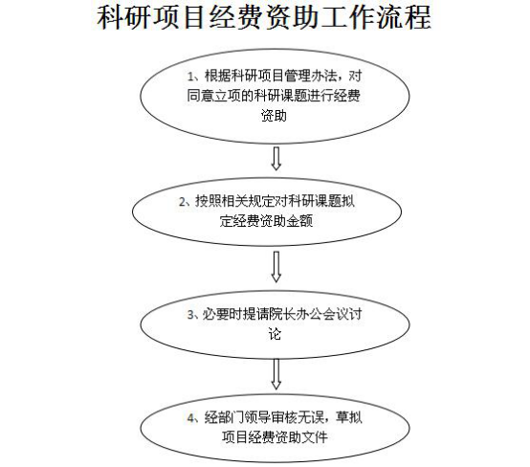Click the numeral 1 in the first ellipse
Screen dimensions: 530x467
[x=190, y=77]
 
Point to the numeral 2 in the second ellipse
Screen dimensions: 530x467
[x=182, y=202]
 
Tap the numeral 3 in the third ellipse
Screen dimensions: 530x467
[x=190, y=315]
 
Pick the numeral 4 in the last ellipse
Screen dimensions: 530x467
[x=191, y=418]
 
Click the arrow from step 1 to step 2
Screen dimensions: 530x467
[x=276, y=158]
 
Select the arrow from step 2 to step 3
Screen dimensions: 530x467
[x=276, y=266]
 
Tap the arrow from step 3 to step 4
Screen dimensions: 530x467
[x=276, y=374]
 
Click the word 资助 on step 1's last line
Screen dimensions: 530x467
[x=274, y=116]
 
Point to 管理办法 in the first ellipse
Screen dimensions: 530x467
[x=311, y=77]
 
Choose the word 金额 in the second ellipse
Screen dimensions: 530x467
[x=299, y=221]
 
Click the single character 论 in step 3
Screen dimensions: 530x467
[x=275, y=334]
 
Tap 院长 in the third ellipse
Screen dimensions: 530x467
[x=282, y=315]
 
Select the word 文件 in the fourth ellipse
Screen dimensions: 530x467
[x=315, y=437]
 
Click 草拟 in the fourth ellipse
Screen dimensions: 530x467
[x=349, y=417]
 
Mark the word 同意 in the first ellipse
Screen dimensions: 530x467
[x=200, y=96]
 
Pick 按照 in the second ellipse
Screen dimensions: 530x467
[x=208, y=202]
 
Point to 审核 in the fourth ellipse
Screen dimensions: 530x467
[x=284, y=417]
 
